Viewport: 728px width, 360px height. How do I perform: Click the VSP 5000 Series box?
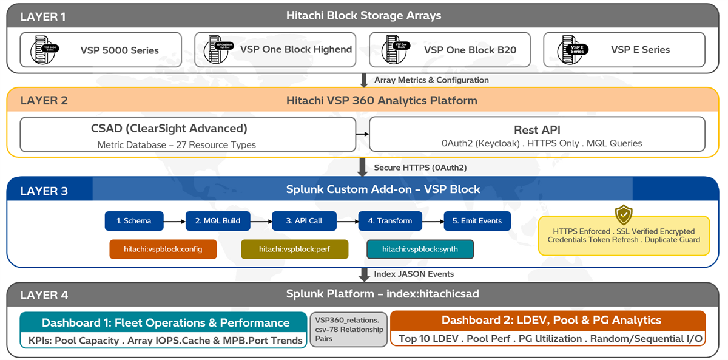100,50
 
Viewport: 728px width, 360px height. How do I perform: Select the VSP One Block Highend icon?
217,50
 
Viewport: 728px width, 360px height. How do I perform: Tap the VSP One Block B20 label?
470,50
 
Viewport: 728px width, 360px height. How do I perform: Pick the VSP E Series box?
624,50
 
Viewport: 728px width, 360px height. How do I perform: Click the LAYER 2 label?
44,101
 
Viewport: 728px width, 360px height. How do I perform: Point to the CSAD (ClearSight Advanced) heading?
169,129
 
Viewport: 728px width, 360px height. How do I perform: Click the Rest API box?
537,134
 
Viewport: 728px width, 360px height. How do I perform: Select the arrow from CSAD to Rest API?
362,134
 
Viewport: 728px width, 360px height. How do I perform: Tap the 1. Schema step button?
134,221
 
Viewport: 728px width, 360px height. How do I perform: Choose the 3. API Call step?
304,221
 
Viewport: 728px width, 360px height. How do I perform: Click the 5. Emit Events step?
477,221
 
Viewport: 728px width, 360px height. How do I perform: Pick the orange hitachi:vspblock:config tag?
163,249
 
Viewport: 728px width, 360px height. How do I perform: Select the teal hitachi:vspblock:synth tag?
420,249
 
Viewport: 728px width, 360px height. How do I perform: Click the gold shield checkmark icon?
623,215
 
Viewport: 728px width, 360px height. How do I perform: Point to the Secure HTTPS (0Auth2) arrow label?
411,168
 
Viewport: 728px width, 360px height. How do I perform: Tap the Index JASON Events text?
413,274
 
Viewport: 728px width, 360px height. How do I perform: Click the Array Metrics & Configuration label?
431,80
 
